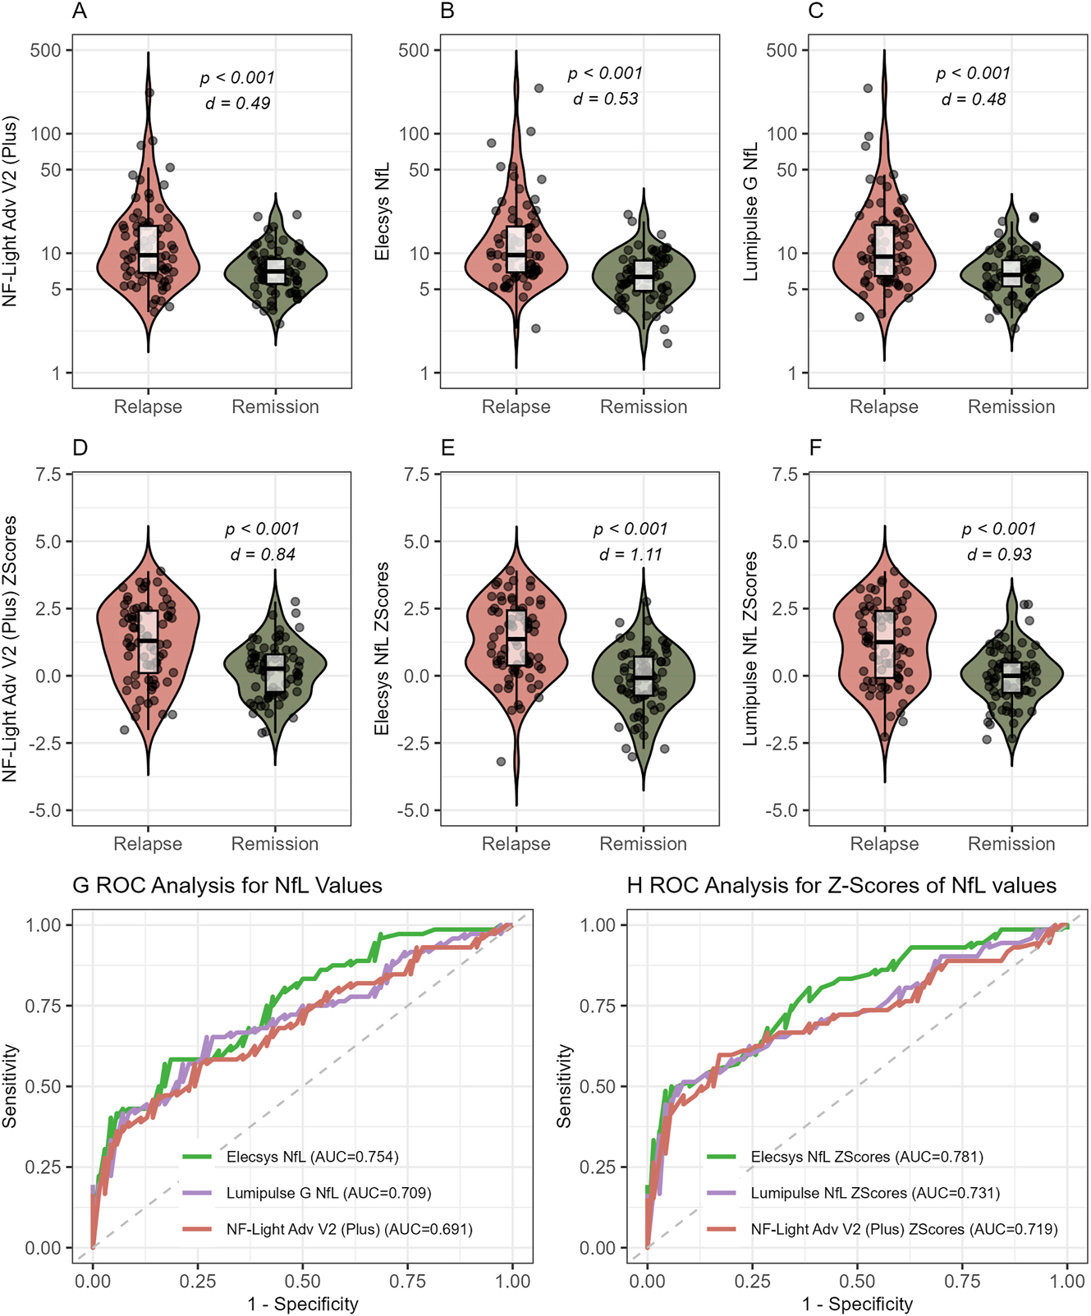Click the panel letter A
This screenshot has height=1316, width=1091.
80,11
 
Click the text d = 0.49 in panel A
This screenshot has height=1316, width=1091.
237,103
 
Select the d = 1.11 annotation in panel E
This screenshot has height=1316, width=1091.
630,555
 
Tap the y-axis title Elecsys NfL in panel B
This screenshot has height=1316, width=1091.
382,212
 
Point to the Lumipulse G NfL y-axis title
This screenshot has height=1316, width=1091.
750,212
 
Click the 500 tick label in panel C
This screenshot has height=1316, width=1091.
782,50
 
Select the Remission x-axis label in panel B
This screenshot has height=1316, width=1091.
644,407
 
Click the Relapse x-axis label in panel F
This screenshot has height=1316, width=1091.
884,844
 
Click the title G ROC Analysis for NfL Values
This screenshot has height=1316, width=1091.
227,886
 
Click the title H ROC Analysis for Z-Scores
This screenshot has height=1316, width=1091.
841,886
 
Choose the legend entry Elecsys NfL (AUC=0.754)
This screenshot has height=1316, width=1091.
312,1158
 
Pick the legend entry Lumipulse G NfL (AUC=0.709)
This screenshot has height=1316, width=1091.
328,1194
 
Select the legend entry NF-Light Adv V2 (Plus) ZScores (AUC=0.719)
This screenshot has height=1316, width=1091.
904,1230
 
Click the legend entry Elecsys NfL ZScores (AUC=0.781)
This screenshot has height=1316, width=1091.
866,1158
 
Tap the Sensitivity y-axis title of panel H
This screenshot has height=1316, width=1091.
564,1085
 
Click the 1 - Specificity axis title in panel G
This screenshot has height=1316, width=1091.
303,1305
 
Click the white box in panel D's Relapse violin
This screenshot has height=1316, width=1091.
149,642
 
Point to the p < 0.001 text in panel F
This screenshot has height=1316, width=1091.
999,530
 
